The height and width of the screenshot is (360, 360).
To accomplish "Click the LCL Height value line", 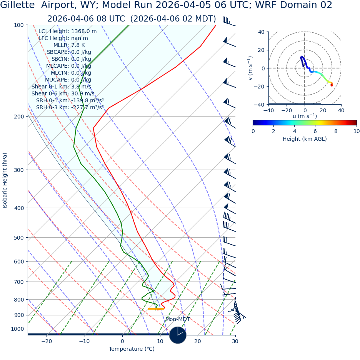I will point(67,31).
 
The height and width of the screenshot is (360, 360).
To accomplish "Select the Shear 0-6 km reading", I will point(63,93).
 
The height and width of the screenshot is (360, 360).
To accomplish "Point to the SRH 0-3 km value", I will point(70,107).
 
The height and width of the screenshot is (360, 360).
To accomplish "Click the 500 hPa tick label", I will point(18,238).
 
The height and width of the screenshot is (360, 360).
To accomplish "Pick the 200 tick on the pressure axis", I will point(18,117).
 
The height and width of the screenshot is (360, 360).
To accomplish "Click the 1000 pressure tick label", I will point(17,329).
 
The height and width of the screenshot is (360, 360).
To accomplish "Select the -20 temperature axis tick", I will point(47,341).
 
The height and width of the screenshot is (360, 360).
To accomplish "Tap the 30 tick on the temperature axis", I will point(235,341).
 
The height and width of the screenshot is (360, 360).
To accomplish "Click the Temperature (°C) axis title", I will point(132,349).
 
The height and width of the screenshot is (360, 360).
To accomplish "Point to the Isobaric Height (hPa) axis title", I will point(5,180).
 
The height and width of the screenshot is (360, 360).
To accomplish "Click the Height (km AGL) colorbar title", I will point(305,139).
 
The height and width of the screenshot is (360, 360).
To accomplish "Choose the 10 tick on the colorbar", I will point(357,131).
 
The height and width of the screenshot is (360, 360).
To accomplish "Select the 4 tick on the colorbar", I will point(294,131).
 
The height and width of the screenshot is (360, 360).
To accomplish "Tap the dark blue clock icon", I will point(178,335).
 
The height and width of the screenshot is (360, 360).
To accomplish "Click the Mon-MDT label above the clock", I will point(178,320).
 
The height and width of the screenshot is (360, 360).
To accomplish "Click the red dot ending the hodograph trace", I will point(332,85).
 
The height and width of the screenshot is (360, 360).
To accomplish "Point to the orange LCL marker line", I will point(156,309).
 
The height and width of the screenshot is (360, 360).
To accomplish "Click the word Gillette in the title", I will point(18,5).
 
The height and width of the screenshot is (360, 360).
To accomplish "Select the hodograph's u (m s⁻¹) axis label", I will point(305,116).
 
